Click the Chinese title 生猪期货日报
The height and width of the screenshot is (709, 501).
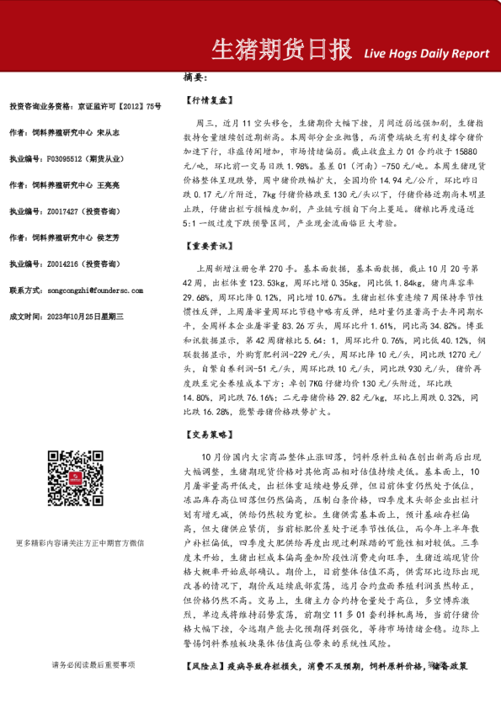(280, 50)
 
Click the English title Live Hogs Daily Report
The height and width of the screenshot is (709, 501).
(426, 54)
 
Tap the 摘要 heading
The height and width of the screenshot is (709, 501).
(195, 77)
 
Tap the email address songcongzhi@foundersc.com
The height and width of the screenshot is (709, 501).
(96, 290)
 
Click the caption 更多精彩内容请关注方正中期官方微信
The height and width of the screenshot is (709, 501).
(80, 543)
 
